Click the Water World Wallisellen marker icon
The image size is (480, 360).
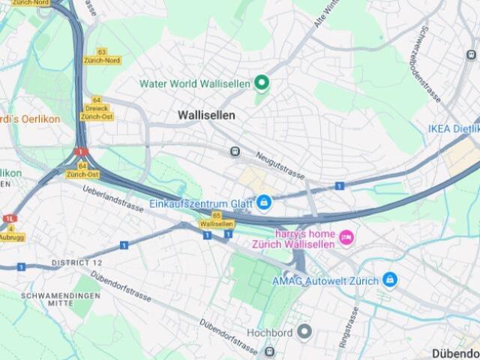[x=262, y=82]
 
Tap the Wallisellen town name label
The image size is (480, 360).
[x=206, y=115]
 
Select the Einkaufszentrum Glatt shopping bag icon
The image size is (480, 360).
[x=264, y=202]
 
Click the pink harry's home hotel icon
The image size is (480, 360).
[x=346, y=238]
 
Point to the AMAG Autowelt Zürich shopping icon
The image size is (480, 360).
[x=389, y=280]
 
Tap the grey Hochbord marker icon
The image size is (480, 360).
[x=304, y=331]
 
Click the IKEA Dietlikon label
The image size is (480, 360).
[x=452, y=128]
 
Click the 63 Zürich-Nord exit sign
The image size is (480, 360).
[x=102, y=56]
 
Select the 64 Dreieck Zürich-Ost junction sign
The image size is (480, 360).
[x=97, y=109]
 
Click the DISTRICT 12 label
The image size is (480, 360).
[x=76, y=263]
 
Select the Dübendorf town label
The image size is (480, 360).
[x=456, y=352]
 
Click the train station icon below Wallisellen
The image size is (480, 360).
[x=235, y=151]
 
